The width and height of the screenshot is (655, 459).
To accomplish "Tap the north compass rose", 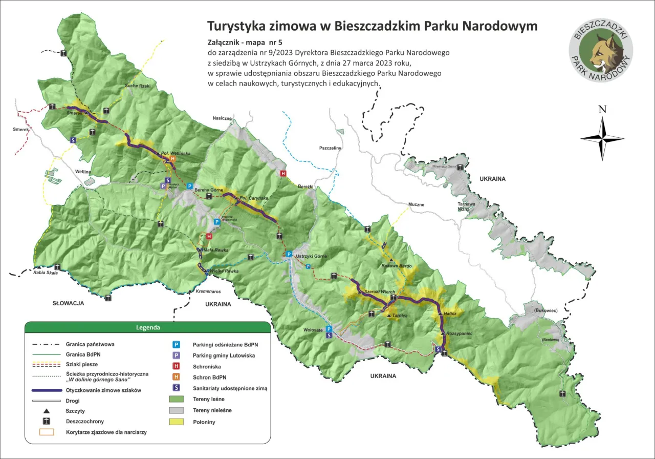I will tap(602, 137).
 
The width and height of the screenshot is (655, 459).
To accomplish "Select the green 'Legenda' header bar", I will tap(147, 327).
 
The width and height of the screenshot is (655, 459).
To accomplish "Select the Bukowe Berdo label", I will tap(397, 266).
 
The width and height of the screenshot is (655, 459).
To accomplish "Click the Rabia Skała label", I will tap(46, 273).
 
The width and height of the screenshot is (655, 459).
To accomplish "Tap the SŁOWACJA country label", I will tap(68, 303).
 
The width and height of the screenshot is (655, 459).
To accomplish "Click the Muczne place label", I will tap(416, 204).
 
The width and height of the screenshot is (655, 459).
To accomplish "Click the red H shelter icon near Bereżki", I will tap(282, 174).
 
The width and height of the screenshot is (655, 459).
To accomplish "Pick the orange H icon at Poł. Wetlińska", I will tap(173, 159).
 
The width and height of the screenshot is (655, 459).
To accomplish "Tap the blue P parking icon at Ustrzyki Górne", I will tap(289, 254).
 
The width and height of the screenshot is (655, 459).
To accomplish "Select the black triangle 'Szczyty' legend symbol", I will tap(46, 411).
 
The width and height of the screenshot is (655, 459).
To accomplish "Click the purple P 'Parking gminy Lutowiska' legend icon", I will tap(177, 355).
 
